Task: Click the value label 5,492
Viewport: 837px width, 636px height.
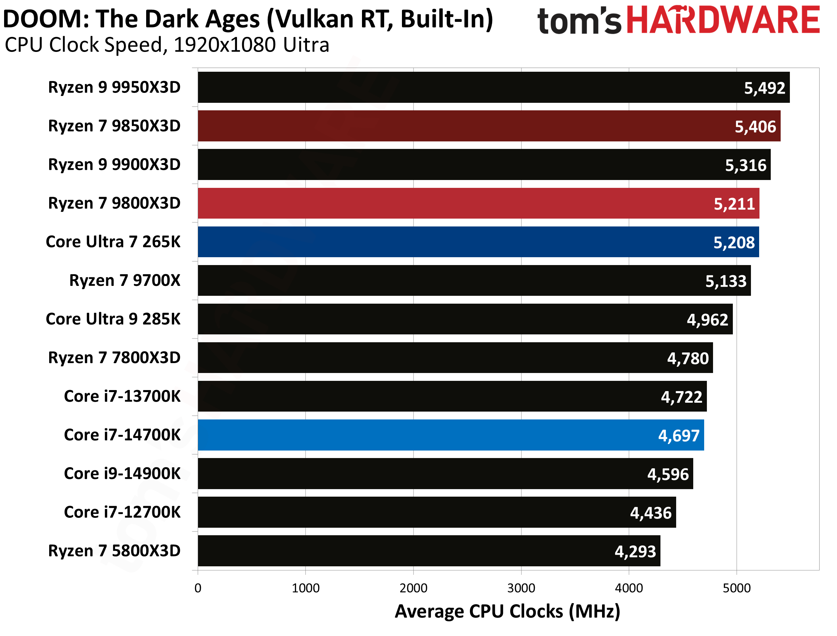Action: click(x=764, y=88)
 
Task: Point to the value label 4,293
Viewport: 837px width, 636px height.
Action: click(x=635, y=552)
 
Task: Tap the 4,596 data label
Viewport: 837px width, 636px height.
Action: click(x=668, y=474)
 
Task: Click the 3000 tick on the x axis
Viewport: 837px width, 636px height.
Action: click(x=521, y=588)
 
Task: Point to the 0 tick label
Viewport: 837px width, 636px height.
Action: click(x=198, y=588)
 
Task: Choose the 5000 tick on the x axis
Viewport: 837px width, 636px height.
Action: click(x=736, y=588)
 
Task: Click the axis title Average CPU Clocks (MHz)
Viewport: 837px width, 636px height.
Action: click(x=507, y=611)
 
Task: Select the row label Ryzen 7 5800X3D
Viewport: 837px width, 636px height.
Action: click(x=114, y=551)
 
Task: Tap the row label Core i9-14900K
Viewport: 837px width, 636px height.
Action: click(x=122, y=474)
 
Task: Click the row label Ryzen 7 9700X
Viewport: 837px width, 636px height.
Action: click(x=125, y=280)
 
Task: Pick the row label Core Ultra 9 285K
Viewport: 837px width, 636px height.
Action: click(x=113, y=319)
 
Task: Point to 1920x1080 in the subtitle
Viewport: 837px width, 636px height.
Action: click(x=225, y=45)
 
